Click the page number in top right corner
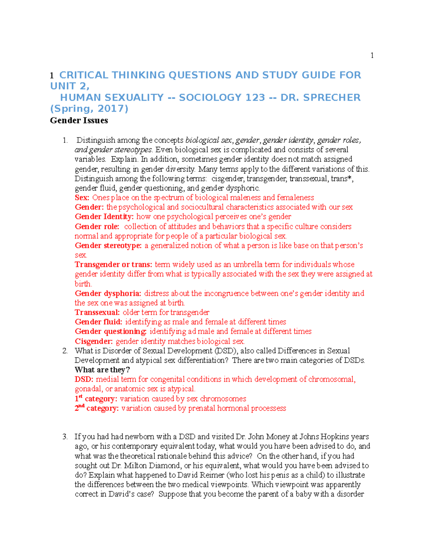click(372, 55)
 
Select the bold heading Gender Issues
click(79, 121)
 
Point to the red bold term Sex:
click(82, 198)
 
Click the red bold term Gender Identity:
click(104, 217)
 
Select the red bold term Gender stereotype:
click(108, 245)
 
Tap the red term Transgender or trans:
click(113, 264)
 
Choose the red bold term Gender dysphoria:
click(108, 293)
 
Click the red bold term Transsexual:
click(97, 313)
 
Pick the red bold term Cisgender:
click(94, 341)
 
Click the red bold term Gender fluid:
click(98, 322)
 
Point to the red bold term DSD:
click(84, 380)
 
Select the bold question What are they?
click(102, 370)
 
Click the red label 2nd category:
click(96, 408)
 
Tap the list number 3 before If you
click(65, 437)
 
